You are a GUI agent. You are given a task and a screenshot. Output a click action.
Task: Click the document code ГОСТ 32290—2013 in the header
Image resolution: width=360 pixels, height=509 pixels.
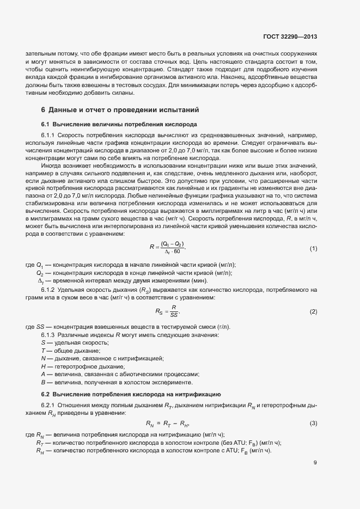tap(290, 37)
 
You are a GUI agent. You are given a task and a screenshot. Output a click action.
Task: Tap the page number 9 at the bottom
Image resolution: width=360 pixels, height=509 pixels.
tap(315, 463)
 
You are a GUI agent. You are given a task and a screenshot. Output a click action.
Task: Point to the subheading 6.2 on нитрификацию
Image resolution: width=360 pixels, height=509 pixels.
tap(130, 393)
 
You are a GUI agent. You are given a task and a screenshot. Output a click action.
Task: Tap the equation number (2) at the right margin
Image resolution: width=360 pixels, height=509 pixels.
tap(313, 311)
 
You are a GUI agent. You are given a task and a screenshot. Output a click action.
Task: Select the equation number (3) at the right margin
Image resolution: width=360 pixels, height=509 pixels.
tap(313, 423)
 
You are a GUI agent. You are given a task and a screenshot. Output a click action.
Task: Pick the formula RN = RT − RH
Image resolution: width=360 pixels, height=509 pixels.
tap(167, 424)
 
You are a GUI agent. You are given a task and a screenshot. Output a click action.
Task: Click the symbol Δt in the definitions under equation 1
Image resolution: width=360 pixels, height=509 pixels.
tap(40, 281)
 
